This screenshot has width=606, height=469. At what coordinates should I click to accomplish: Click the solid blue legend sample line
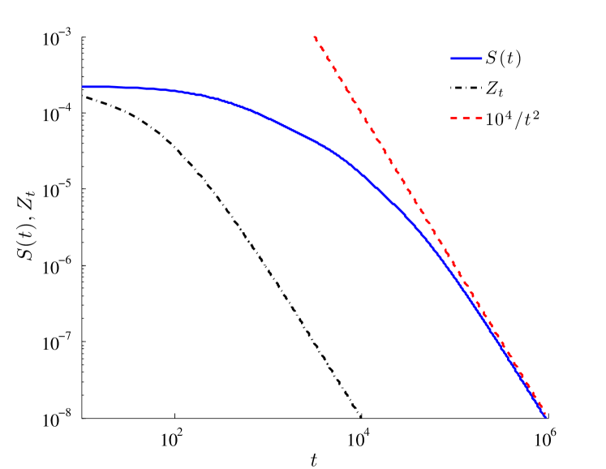[466, 58]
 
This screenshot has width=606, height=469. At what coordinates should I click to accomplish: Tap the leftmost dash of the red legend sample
[455, 118]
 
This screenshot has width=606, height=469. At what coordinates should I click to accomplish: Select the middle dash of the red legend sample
[467, 118]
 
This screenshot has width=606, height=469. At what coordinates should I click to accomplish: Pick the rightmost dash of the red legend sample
[479, 118]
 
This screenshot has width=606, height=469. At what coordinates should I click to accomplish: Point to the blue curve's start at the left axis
[84, 87]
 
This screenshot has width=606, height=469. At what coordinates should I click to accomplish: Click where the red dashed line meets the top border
[314, 37]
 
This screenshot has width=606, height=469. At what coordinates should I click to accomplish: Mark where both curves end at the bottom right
[547, 416]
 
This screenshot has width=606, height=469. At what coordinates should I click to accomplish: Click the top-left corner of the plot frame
[84, 37]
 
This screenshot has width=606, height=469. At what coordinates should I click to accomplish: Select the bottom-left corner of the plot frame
[84, 418]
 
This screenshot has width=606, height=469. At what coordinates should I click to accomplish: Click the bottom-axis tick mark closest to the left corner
[174, 418]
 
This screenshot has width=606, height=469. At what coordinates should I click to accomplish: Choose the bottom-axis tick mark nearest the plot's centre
[361, 418]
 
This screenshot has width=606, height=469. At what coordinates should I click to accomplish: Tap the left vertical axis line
[84, 243]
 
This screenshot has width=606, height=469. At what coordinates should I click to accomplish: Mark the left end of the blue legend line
[452, 58]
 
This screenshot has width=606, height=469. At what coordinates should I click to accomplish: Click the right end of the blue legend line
[482, 58]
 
